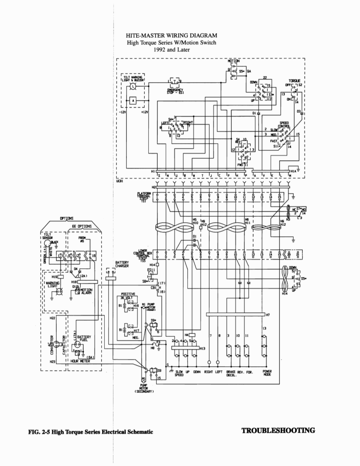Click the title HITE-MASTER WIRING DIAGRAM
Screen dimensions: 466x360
pyautogui.click(x=171, y=36)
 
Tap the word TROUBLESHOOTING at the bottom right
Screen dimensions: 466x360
pyautogui.click(x=278, y=431)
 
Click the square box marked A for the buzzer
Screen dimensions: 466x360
pyautogui.click(x=133, y=100)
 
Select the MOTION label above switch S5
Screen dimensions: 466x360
pyautogui.click(x=234, y=61)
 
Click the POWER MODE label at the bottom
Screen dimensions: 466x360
pyautogui.click(x=267, y=373)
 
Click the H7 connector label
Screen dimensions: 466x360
pyautogui.click(x=268, y=315)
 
